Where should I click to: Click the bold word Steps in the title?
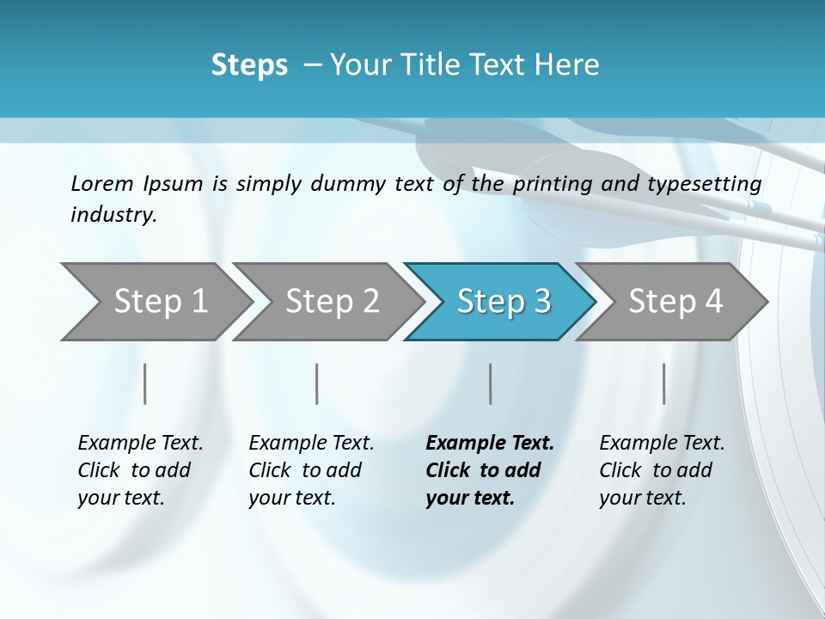pos(249,65)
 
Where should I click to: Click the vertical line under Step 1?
pos(144,383)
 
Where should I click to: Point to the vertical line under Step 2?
pos(317,383)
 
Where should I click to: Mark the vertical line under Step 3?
pos(490,383)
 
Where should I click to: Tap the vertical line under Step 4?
pos(663,383)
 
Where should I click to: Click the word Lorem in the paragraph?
pos(102,183)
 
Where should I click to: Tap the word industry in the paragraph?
pos(113,215)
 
